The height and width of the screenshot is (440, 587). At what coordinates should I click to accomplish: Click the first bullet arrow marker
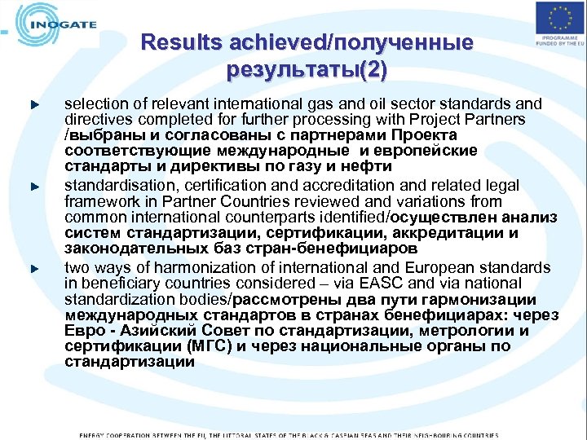coord(35,105)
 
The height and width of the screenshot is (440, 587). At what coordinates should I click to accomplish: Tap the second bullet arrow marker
coord(35,187)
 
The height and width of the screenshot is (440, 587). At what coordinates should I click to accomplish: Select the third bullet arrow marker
coord(35,268)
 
